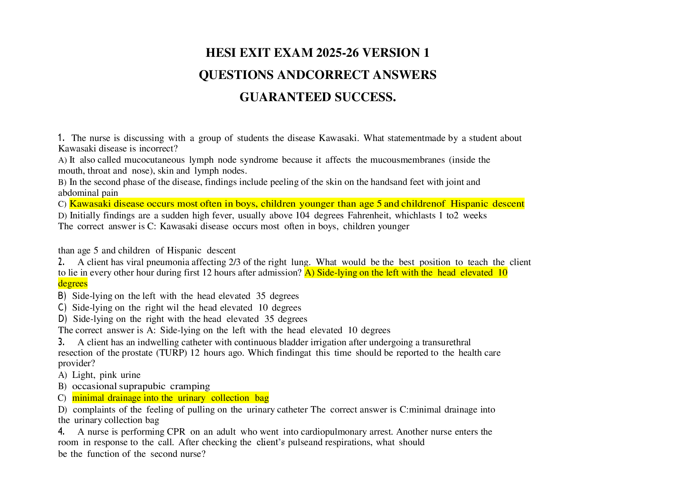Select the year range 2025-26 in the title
[337, 53]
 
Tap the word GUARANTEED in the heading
[285, 97]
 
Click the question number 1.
[61, 138]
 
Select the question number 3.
[61, 342]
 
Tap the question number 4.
[61, 431]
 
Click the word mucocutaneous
[154, 160]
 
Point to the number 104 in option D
[302, 216]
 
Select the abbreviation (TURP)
[171, 353]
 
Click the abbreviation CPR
[176, 431]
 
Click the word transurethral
[446, 342]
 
